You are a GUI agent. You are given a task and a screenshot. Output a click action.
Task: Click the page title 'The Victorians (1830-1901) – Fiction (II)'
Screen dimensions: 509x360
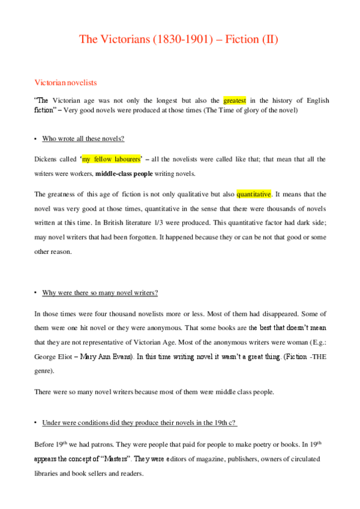179,40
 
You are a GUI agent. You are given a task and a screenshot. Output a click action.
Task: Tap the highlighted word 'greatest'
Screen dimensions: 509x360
235,100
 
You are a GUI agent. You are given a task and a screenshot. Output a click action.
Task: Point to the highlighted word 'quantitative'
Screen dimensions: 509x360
254,194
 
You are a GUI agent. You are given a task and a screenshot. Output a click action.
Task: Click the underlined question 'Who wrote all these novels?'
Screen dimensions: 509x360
83,139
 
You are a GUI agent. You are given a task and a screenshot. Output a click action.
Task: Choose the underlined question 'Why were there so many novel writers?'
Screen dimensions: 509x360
100,292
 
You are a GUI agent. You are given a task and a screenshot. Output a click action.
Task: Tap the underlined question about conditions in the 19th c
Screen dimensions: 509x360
140,423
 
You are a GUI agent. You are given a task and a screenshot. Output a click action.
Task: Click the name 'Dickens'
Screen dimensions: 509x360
47,159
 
